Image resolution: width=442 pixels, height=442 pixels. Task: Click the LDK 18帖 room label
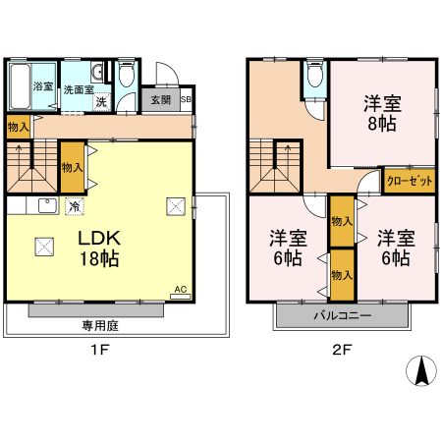click(100, 250)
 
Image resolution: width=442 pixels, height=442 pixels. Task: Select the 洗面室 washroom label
click(78, 89)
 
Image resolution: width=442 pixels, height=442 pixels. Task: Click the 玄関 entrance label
click(160, 99)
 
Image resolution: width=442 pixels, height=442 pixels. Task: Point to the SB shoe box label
click(186, 99)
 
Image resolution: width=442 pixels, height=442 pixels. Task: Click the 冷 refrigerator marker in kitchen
click(75, 206)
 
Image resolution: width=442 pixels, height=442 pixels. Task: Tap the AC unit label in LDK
click(180, 290)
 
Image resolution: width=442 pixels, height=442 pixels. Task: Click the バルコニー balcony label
click(342, 316)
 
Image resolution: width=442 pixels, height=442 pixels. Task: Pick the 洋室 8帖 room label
click(382, 113)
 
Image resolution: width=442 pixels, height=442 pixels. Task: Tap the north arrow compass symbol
click(421, 371)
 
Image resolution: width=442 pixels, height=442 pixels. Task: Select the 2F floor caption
click(341, 347)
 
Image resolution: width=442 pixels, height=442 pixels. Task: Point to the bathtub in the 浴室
click(21, 87)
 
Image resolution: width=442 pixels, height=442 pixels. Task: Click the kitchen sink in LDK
click(45, 206)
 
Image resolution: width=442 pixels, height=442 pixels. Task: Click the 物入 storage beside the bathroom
click(19, 127)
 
